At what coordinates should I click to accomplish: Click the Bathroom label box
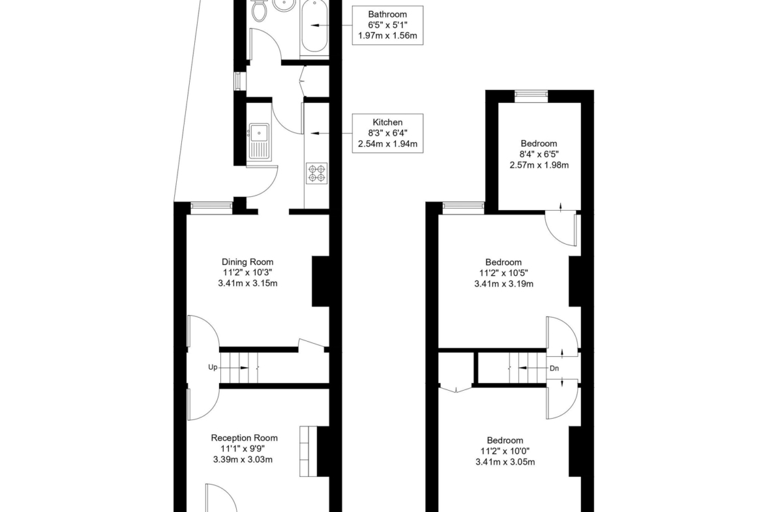coord(387,25)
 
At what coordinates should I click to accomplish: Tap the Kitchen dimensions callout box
coord(387,133)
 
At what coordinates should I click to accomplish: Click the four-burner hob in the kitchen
coord(317,173)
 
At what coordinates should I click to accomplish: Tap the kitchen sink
coord(259,142)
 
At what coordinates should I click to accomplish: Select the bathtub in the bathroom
coord(315,27)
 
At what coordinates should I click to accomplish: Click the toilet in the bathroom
coord(260,10)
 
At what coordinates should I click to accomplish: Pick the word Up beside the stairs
coord(213,367)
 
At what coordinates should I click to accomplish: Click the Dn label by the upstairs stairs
coord(554,369)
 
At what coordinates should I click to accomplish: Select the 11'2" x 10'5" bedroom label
coord(503,273)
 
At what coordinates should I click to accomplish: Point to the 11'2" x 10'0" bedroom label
coord(505,451)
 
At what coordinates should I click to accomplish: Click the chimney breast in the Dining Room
coord(320,281)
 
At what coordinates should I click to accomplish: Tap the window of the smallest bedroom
coord(531,97)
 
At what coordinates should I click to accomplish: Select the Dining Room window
coord(211,208)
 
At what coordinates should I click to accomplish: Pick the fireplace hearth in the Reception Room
coord(308,451)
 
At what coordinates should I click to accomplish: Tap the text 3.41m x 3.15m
coord(248,283)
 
